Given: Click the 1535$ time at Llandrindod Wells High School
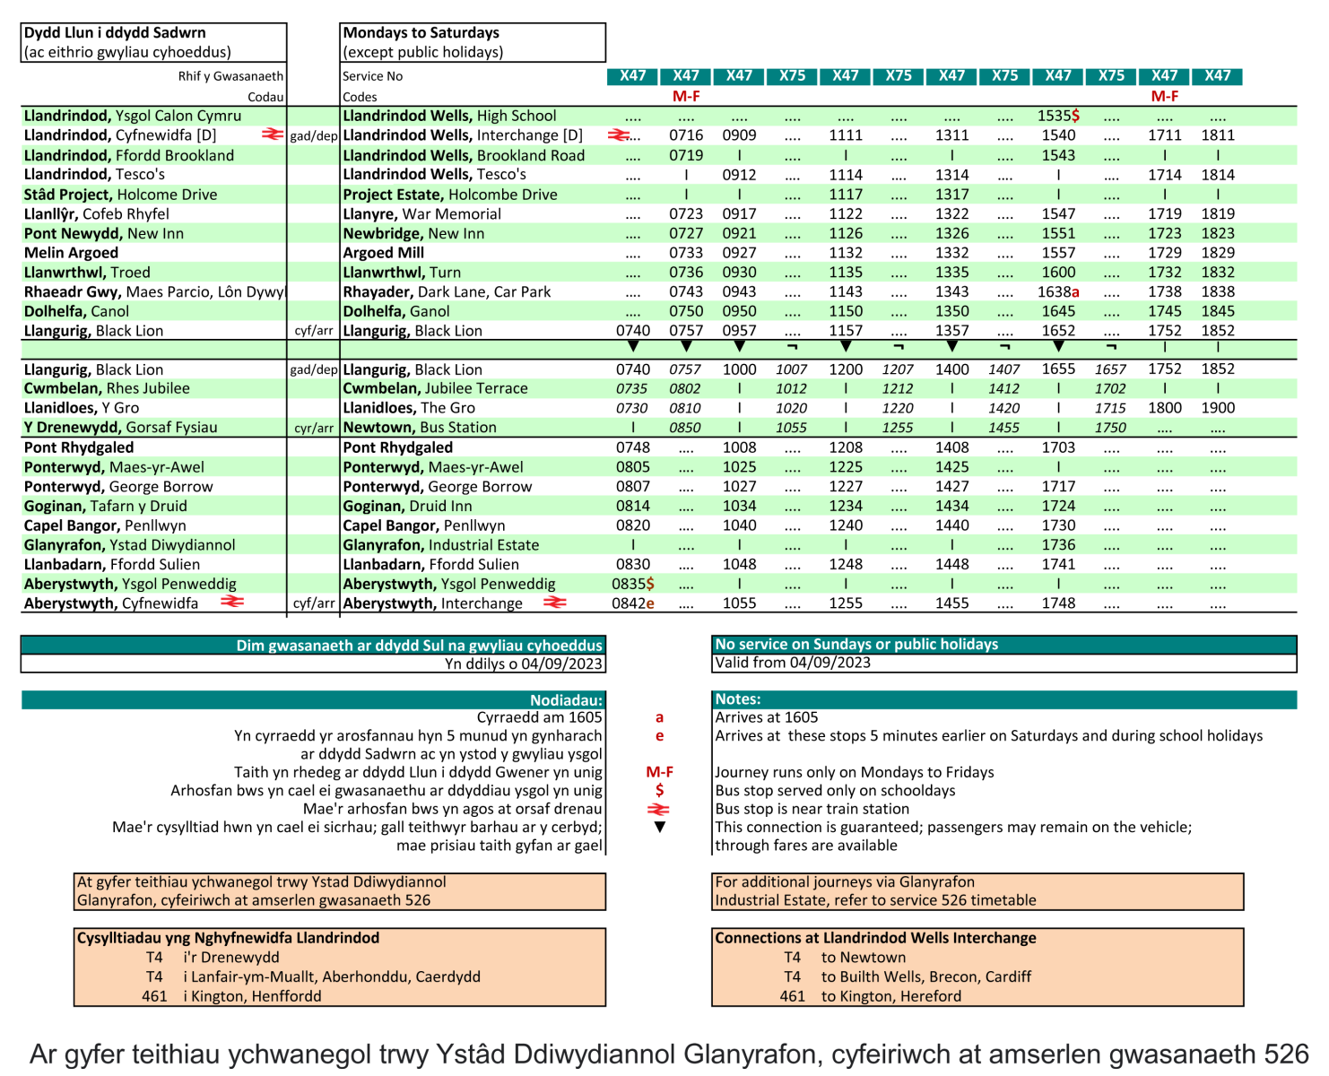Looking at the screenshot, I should point(1058,116).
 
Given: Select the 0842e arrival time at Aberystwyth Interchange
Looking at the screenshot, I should point(632,603).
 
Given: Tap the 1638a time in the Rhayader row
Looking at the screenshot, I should point(1058,291).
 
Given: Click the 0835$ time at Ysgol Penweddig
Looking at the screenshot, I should point(632,584).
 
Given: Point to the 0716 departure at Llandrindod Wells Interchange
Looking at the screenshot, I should point(686,135).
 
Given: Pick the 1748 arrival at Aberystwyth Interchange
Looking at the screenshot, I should point(1058,603).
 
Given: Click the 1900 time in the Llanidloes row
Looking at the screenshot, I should point(1218,408).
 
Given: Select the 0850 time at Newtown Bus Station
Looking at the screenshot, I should point(686,428).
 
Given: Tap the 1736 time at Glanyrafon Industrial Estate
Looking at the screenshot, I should point(1058,544).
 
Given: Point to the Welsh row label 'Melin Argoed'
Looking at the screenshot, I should point(71,253).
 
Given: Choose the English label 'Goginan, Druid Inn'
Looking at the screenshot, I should point(407,506).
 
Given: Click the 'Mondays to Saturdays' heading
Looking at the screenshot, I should point(421,33).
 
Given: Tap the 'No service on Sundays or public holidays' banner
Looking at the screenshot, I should point(856,645).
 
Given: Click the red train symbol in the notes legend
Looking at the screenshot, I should point(659,809).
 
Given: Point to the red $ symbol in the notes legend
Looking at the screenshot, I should point(659,790).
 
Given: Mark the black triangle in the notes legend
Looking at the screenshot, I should point(659,827).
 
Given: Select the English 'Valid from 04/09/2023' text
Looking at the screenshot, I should point(793,663).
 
